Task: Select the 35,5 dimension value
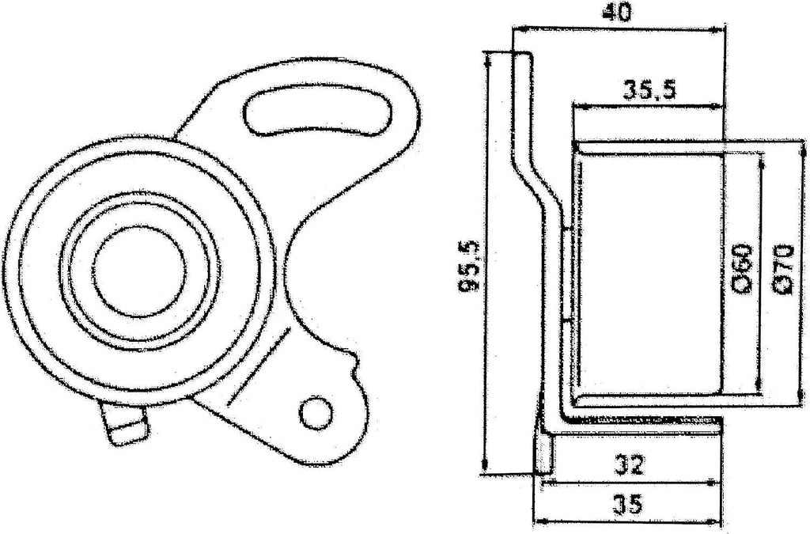[648, 89]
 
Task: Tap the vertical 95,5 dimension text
[470, 267]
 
